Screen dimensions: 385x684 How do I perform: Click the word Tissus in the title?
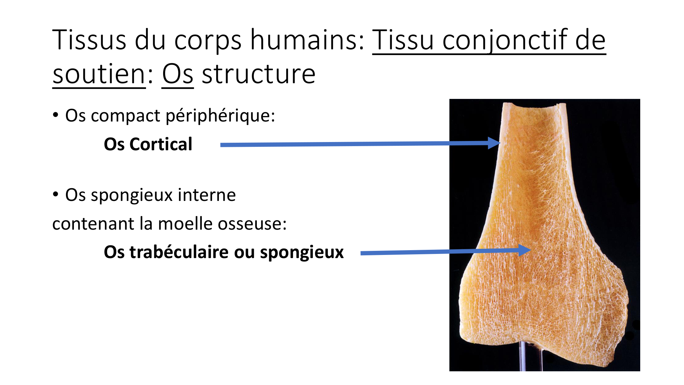coord(89,40)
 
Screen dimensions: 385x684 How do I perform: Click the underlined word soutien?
coord(99,75)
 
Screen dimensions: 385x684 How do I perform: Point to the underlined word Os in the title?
coord(177,75)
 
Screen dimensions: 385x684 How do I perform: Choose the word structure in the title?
coord(259,75)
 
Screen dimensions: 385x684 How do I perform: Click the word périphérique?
coord(221,116)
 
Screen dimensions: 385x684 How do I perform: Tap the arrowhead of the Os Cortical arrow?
coord(495,143)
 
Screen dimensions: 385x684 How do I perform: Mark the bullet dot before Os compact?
coord(56,115)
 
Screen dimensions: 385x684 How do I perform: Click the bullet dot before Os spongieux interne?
coord(56,194)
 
